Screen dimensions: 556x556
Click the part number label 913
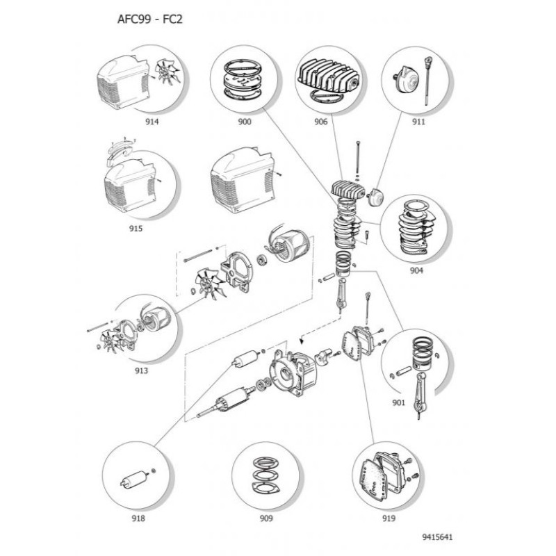pos(141,370)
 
